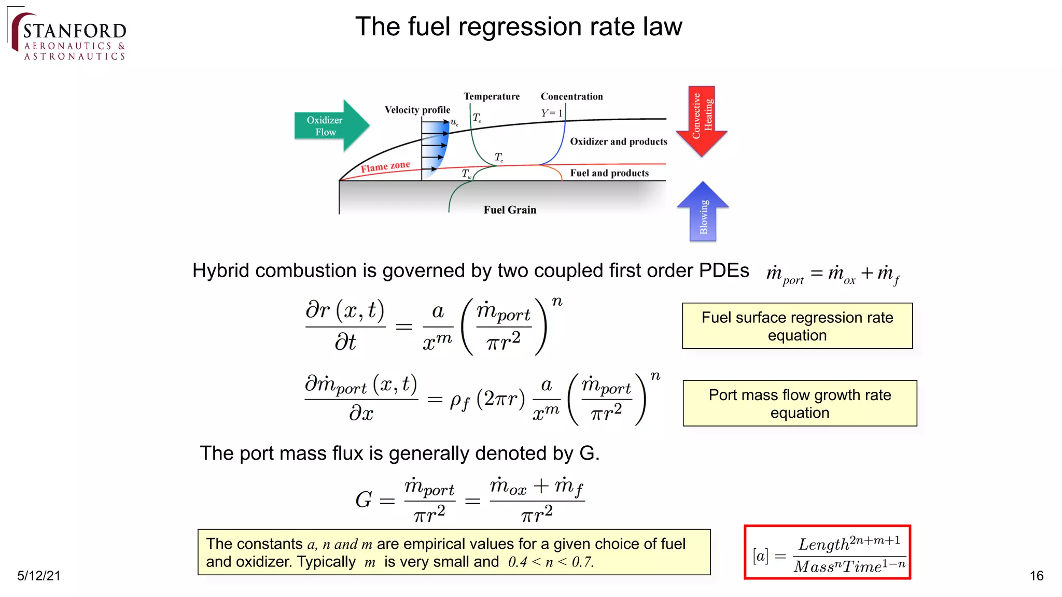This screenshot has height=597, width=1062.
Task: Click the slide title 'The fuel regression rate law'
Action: [519, 27]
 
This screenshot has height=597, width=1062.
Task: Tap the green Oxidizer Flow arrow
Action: [330, 126]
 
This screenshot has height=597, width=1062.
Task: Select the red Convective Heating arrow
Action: [702, 120]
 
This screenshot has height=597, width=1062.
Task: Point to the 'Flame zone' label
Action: [385, 166]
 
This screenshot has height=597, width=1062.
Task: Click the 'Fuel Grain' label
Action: [510, 210]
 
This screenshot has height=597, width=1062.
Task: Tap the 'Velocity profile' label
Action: [417, 110]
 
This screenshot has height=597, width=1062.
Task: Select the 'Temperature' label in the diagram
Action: [492, 96]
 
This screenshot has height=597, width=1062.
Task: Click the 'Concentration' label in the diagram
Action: [571, 96]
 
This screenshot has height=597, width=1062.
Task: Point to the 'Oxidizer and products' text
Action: [618, 141]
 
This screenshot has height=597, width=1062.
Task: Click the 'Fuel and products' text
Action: [609, 173]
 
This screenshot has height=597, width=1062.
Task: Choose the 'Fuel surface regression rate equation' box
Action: [797, 326]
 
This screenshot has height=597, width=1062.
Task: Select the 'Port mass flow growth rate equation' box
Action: [800, 403]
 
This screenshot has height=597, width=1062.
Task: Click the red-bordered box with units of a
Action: [827, 552]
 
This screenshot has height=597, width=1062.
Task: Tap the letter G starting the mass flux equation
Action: [364, 500]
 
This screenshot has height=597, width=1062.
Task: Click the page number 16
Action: [1036, 576]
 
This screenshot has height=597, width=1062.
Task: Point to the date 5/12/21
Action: [39, 576]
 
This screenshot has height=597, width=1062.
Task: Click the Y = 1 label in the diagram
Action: [552, 113]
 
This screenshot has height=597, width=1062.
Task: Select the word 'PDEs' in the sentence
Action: [724, 271]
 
